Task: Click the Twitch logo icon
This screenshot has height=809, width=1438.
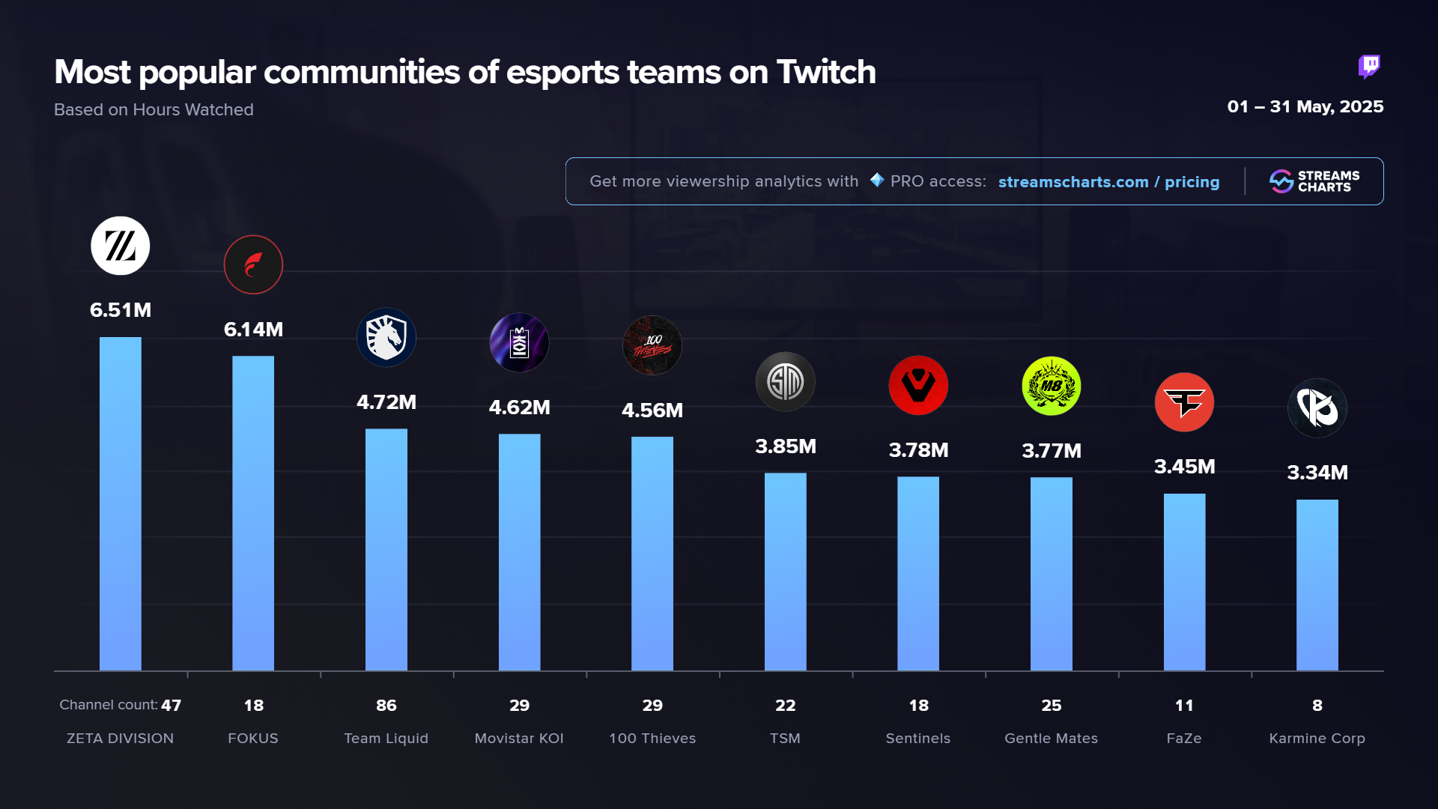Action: point(1369,67)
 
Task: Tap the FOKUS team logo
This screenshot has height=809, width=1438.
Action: point(253,264)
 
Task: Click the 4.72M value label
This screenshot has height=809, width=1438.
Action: point(386,402)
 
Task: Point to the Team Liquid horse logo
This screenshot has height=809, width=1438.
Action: point(386,338)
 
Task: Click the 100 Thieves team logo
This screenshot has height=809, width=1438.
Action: point(652,345)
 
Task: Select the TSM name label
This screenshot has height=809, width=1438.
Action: point(785,738)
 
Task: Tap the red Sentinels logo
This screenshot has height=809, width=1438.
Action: point(918,386)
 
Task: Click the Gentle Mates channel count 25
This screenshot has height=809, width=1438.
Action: point(1051,705)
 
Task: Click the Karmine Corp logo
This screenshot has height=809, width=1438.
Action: point(1317,408)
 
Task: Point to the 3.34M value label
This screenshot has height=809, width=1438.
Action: point(1317,473)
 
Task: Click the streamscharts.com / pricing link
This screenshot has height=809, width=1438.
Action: point(1108,182)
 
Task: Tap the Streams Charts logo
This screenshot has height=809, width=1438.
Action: point(1314,181)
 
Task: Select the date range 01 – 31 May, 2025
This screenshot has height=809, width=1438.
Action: point(1305,106)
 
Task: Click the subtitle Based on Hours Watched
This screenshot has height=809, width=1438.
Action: point(154,109)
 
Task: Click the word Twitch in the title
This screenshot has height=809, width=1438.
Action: point(826,73)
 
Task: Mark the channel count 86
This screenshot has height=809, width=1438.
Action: point(386,705)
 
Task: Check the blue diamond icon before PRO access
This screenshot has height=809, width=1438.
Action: point(877,180)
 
